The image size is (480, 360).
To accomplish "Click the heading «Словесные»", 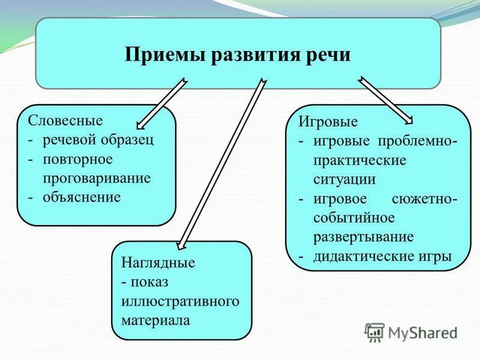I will (x=65, y=120).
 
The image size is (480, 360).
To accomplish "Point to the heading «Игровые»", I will (x=328, y=122).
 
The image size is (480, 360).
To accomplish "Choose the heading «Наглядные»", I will (x=158, y=263).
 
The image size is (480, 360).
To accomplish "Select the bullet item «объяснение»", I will (x=82, y=197).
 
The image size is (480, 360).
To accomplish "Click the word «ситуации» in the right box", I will (x=345, y=179).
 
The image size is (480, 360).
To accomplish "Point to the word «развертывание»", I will (x=364, y=236).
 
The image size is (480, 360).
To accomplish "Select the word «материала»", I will (x=155, y=320).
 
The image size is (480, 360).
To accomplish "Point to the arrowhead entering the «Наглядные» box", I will (x=182, y=244).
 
